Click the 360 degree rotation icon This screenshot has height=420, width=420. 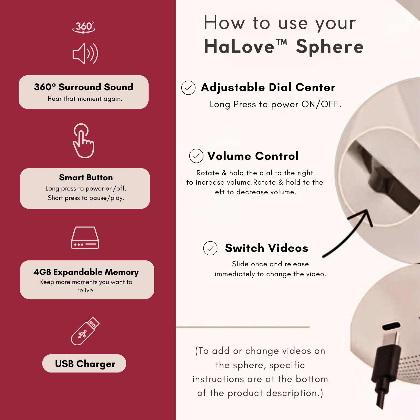[x=84, y=27]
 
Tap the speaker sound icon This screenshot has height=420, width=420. [x=85, y=53]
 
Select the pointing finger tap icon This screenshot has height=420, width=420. [x=83, y=141]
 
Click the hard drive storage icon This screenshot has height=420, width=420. [x=85, y=238]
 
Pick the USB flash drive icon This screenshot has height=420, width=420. [x=85, y=331]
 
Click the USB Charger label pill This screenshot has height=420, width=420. [x=84, y=363]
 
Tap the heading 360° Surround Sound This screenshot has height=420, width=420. [x=84, y=87]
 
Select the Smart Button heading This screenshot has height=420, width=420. [x=86, y=178]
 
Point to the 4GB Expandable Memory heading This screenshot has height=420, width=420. [x=86, y=272]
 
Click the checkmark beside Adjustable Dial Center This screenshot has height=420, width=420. [x=188, y=88]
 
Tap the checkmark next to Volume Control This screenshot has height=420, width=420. [x=196, y=156]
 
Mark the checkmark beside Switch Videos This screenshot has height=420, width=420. [x=210, y=248]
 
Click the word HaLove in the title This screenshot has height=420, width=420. [x=239, y=47]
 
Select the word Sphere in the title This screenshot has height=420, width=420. [x=330, y=47]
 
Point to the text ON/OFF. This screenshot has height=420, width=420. [x=321, y=104]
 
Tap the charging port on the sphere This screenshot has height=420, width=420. [x=391, y=326]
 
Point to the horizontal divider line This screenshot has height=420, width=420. [x=243, y=327]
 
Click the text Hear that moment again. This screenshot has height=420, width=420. [x=85, y=99]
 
